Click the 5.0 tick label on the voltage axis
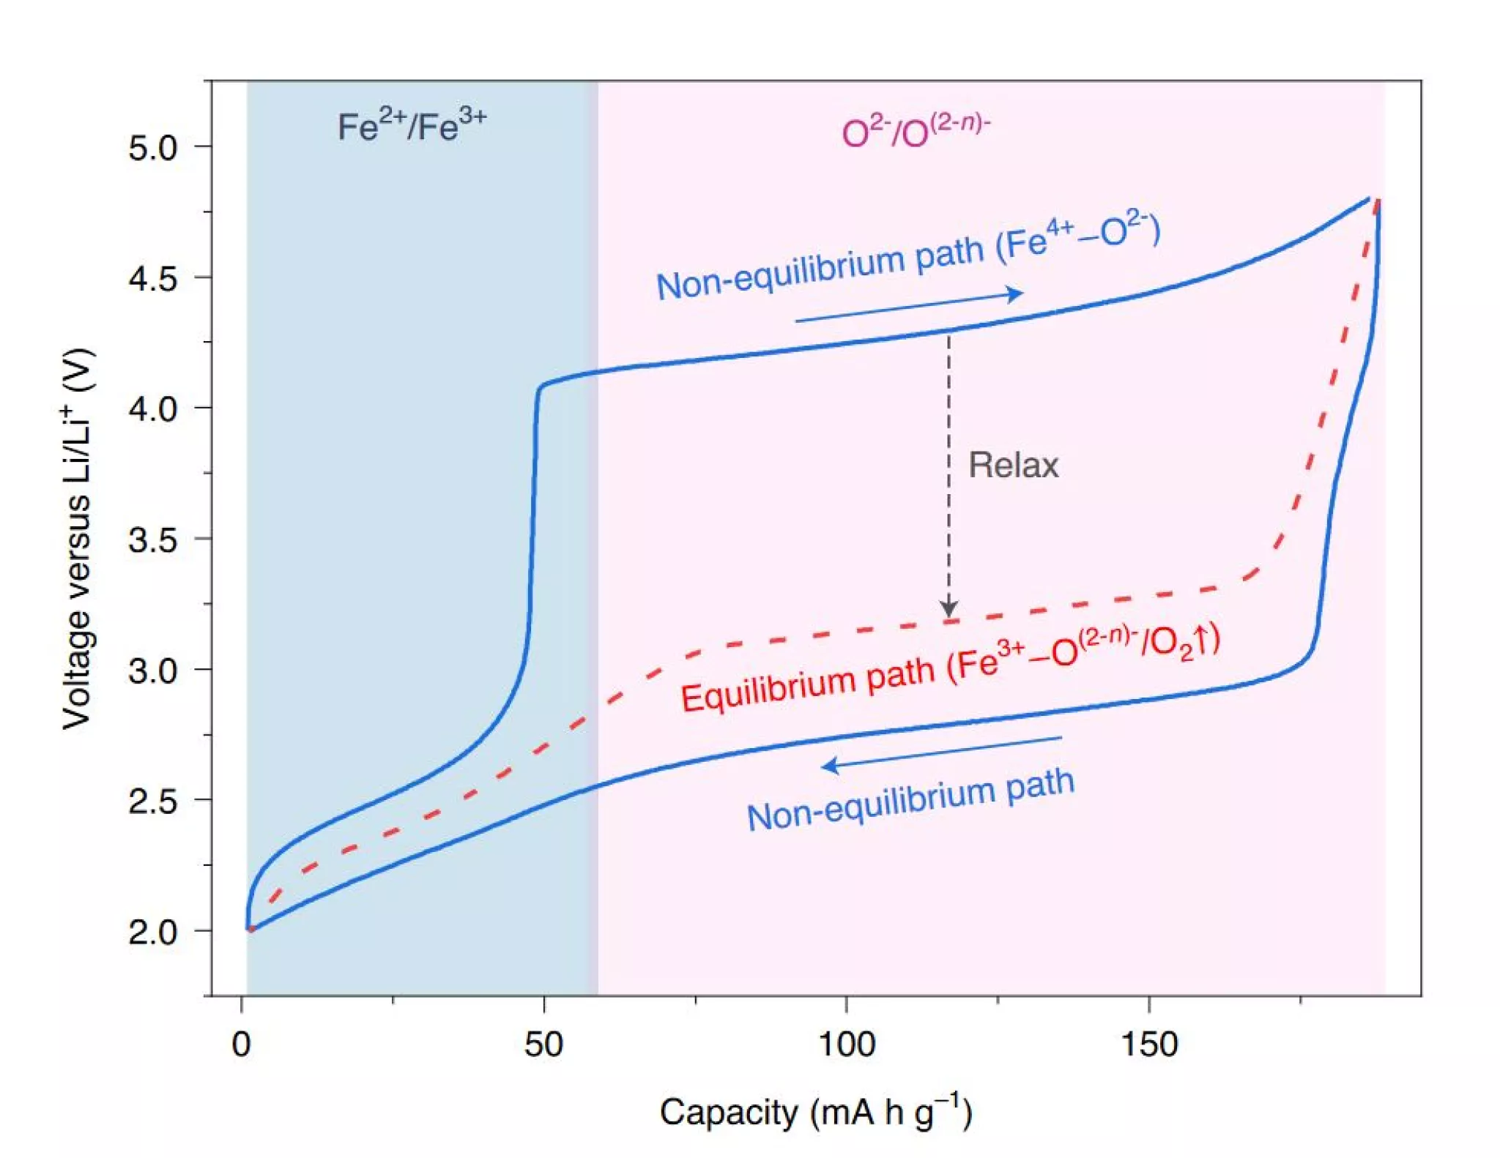coord(152,148)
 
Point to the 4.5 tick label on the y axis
coord(152,279)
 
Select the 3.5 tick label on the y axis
coord(152,540)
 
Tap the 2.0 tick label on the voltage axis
coord(152,932)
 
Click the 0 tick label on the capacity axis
coord(241,1044)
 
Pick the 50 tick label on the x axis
coord(543,1044)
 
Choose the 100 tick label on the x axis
coord(846,1044)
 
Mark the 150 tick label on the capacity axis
coord(1149,1044)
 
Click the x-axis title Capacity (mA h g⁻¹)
coord(816,1113)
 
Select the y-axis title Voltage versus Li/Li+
coord(78,538)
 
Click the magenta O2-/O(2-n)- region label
coord(916,132)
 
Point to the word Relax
coord(1013,466)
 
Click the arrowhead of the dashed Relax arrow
coord(948,609)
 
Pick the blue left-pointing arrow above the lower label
coord(941,752)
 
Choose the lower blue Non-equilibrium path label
coord(910,800)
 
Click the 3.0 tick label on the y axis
coord(152,670)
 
